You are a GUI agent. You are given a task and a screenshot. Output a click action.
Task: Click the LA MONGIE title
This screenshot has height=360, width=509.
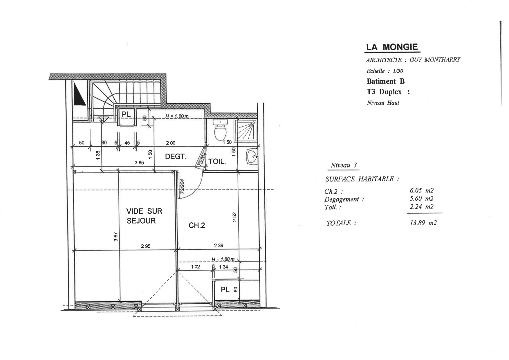click(x=392, y=47)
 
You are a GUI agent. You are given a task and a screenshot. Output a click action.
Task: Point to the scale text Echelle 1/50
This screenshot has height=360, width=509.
click(x=385, y=71)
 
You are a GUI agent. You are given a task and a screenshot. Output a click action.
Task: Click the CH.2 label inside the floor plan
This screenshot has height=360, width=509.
click(x=197, y=226)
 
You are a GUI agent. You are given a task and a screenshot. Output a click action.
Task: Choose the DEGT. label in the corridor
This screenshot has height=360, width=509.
click(x=175, y=157)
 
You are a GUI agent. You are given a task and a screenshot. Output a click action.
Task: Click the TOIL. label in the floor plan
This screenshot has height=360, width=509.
click(x=217, y=162)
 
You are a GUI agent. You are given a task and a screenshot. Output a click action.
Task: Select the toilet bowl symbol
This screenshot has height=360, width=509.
click(x=220, y=131)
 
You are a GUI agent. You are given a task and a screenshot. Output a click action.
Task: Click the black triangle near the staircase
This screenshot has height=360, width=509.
click(x=79, y=94)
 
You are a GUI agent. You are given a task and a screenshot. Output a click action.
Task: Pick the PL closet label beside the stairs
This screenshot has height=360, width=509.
click(x=126, y=114)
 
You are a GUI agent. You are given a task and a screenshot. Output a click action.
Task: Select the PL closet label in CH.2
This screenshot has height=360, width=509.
click(x=225, y=290)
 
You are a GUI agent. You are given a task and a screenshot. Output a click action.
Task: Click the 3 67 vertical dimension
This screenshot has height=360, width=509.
click(x=116, y=237)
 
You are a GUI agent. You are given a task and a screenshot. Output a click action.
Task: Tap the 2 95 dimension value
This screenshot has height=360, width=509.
click(x=145, y=246)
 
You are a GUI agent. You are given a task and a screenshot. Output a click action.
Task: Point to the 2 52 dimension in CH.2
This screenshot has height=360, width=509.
click(x=235, y=217)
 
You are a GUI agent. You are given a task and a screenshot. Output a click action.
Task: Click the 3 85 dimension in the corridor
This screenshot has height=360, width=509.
click(x=139, y=163)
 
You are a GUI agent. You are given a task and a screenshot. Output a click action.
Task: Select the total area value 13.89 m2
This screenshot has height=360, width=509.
click(x=423, y=223)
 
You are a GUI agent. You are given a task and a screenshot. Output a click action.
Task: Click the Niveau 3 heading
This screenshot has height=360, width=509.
click(x=344, y=165)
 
